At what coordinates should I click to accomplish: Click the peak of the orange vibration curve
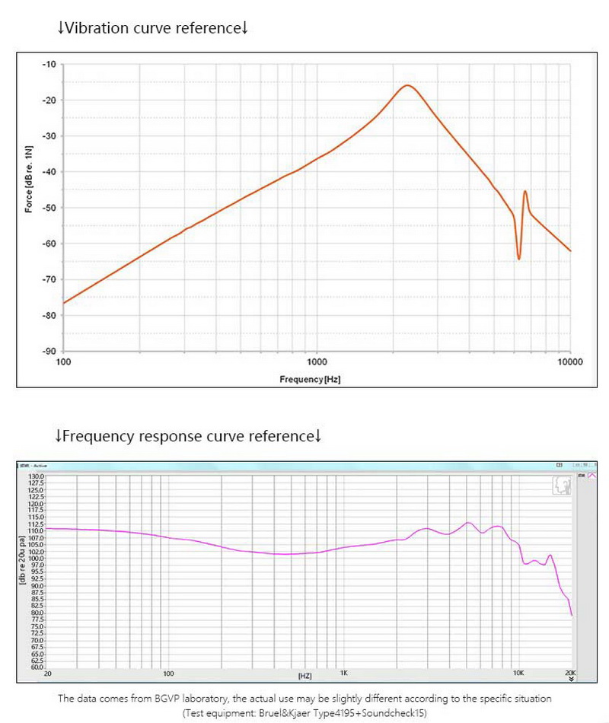pyautogui.click(x=407, y=85)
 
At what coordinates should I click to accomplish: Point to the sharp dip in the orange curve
pyautogui.click(x=518, y=258)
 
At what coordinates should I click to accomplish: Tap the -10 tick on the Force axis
pyautogui.click(x=51, y=64)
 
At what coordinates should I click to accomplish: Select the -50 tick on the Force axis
pyautogui.click(x=51, y=208)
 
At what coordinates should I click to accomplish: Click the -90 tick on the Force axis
pyautogui.click(x=51, y=351)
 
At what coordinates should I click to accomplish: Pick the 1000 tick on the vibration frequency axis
pyautogui.click(x=317, y=362)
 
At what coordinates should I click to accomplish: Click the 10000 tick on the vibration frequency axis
pyautogui.click(x=569, y=362)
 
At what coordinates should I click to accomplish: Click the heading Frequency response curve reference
pyautogui.click(x=188, y=436)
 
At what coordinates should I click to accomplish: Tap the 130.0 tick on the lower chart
pyautogui.click(x=37, y=476)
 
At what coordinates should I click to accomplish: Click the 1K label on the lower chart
pyautogui.click(x=344, y=674)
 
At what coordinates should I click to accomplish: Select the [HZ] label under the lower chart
pyautogui.click(x=305, y=676)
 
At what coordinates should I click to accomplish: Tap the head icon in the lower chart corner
pyautogui.click(x=562, y=486)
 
